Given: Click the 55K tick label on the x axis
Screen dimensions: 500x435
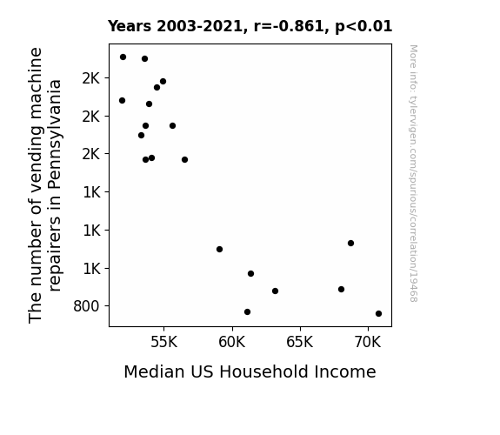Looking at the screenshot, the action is pos(163,342).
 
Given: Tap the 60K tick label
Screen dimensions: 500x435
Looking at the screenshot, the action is pos(232,342).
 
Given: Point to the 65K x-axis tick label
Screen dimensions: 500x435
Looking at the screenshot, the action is pos(300,342).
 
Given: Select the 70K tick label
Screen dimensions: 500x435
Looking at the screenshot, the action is pos(368,342).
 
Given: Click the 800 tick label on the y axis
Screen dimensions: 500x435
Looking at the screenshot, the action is pos(86,306).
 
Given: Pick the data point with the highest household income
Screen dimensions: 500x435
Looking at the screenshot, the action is pos(378,313).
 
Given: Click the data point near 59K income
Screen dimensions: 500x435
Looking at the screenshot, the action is pos(219,250).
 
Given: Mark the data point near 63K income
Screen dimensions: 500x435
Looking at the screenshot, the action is pos(275,291).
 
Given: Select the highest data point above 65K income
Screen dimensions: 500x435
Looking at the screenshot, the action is pos(350,244).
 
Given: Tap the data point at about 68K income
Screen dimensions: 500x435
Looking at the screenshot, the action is pos(341,289).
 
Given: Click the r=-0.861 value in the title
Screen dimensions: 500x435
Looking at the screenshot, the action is pos(289,26).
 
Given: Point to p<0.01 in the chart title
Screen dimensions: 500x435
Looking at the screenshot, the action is pos(363,26).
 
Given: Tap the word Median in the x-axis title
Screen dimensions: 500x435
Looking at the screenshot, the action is pos(154,371).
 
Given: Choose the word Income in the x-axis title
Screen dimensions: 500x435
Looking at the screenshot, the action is pos(345,371).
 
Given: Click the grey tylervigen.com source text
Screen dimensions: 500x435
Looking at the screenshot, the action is pos(413,173).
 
